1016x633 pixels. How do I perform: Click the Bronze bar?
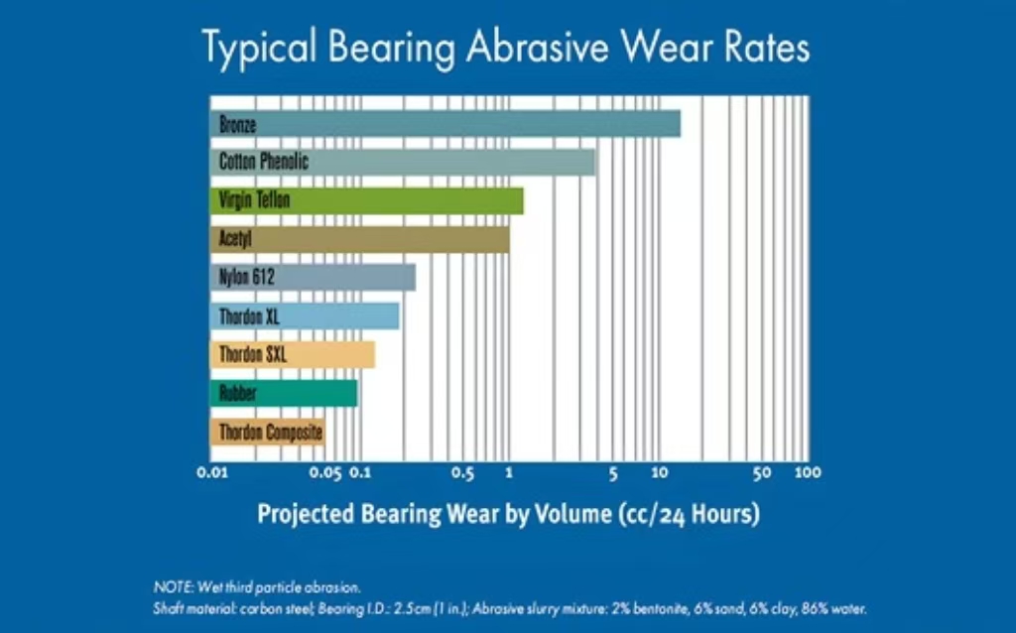coord(445,124)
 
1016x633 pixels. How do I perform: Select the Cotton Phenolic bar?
coord(403,162)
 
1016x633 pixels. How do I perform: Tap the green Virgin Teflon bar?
coord(367,200)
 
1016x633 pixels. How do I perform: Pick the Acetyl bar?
coord(359,239)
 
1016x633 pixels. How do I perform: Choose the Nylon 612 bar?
coord(313,277)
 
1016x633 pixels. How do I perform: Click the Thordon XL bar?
coord(305,316)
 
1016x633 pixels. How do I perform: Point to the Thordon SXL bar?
coord(293,354)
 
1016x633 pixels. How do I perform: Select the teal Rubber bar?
coord(283,393)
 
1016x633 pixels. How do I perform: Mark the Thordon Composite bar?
coord(268,433)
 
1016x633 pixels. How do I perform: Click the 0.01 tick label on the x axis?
coord(212,473)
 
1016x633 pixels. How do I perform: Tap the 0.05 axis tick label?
coord(325,473)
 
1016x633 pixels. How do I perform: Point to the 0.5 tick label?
coord(462,473)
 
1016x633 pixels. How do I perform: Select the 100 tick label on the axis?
coord(808,473)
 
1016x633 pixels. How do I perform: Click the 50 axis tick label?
coord(762,473)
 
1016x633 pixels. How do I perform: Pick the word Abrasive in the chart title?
coord(537,48)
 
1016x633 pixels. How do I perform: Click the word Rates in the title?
coord(767,48)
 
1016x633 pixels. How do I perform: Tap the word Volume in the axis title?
coord(572,514)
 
